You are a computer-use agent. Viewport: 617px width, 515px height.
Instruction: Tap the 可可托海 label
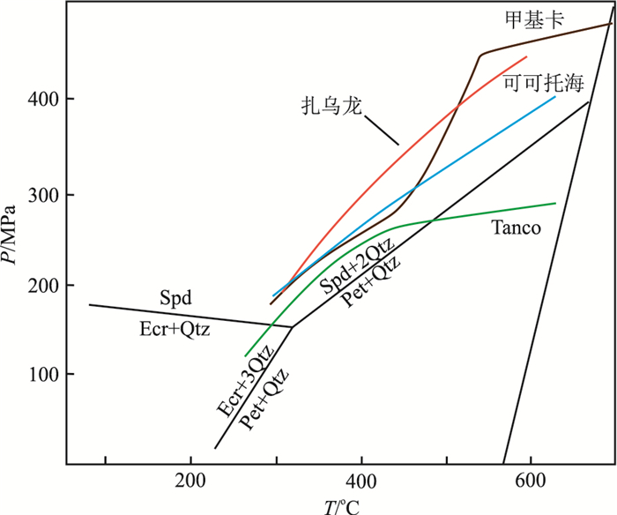(x=543, y=85)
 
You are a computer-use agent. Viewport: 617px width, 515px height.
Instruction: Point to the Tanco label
(x=516, y=228)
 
